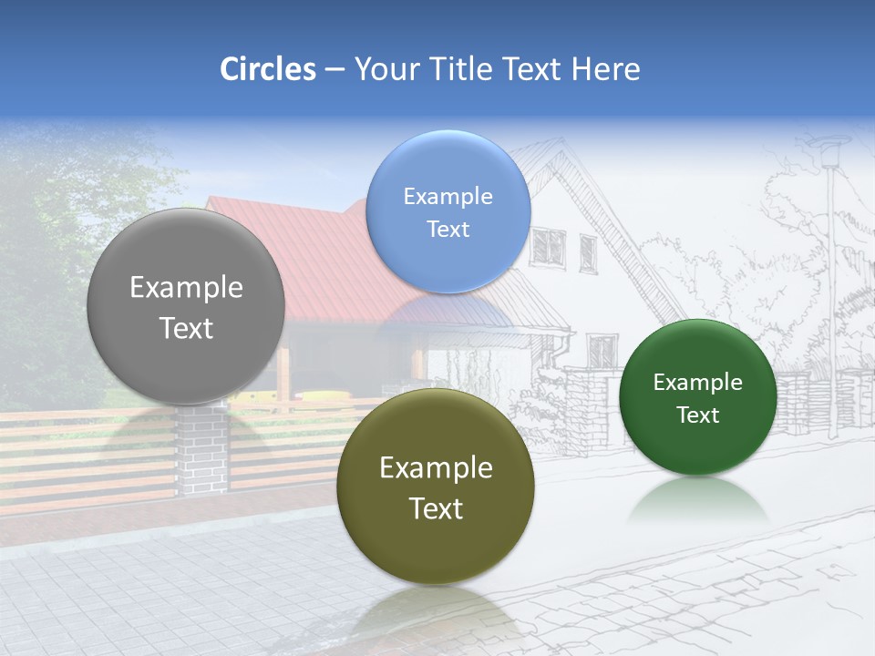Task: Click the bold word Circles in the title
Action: (267, 69)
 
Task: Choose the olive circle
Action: (436, 547)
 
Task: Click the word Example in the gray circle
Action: (186, 288)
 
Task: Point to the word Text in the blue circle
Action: (448, 230)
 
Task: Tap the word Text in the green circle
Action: (698, 415)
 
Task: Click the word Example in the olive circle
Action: (436, 468)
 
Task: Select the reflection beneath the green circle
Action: (698, 501)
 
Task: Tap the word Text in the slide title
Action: (532, 69)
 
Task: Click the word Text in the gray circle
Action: (186, 328)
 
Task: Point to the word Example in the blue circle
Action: (448, 197)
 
